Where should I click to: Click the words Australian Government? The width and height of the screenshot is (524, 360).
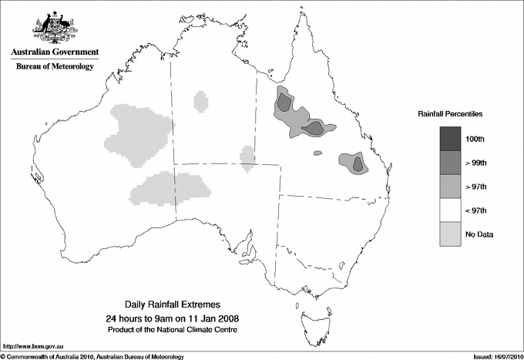click(x=55, y=52)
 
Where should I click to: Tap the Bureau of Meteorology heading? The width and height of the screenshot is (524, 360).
click(x=55, y=67)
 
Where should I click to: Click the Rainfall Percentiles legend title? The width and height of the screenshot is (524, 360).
click(x=450, y=114)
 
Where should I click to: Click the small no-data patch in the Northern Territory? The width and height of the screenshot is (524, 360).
click(x=200, y=101)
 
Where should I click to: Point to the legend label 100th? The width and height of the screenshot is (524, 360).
click(x=475, y=140)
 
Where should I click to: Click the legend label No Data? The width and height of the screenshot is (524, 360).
click(x=479, y=234)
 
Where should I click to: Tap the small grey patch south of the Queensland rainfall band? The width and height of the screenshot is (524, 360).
click(x=316, y=153)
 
